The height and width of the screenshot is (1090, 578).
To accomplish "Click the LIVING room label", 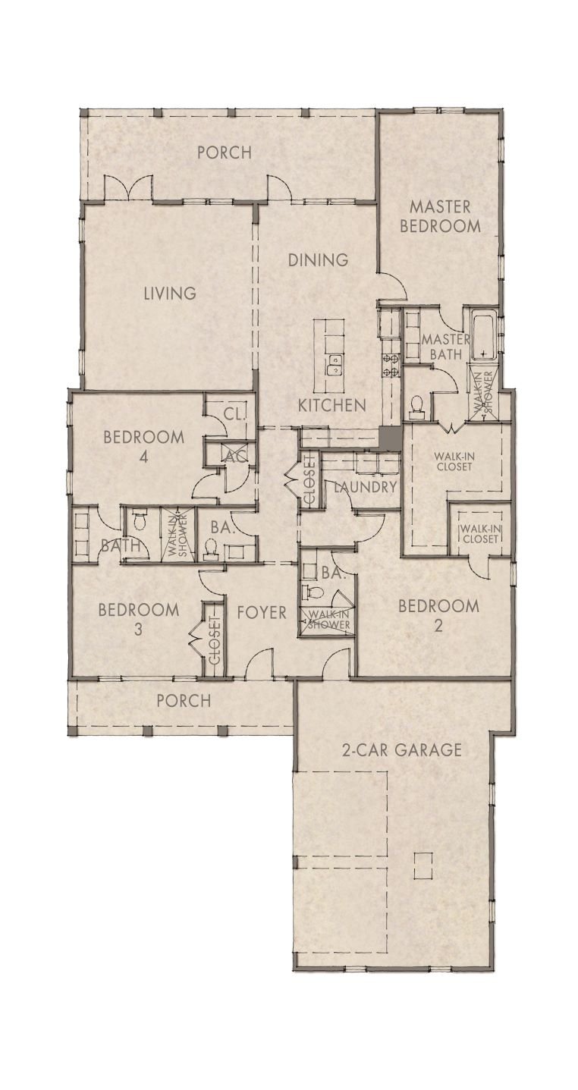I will coord(170,293).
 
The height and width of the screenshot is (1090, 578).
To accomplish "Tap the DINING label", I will coord(318,260).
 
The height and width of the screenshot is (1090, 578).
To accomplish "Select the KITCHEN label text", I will coord(331,405).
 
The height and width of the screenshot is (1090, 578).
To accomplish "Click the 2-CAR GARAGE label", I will coord(401,751).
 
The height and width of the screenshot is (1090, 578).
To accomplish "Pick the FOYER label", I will coord(261,611).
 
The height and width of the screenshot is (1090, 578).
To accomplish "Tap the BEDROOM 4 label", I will coord(143,447).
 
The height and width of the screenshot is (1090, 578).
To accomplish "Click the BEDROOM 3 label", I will coord(139,619).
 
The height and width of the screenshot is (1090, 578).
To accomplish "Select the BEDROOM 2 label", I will coord(438,615).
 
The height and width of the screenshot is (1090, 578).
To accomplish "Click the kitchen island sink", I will coord(332,369).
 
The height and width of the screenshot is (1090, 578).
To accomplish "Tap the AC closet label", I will coord(232,456).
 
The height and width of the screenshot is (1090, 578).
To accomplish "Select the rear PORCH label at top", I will coord(224,152).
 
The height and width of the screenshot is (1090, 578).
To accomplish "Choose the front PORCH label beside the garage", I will coord(184,701).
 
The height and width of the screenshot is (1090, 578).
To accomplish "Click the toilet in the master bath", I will coord(416,407).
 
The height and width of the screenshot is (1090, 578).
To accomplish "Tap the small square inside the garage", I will coord(423,862).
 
